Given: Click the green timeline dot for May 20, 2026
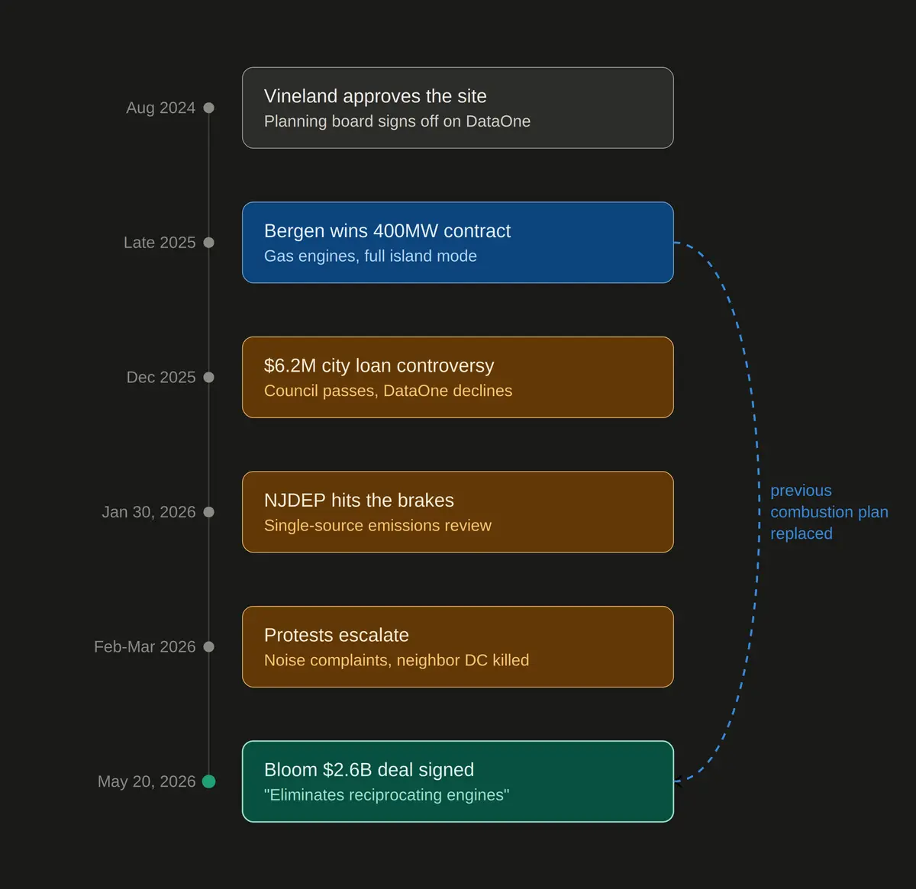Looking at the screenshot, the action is (x=208, y=781).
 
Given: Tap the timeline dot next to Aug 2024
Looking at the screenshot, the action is (x=208, y=108).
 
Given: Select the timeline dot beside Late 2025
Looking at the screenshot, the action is (x=208, y=243).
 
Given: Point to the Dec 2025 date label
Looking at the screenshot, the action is (x=161, y=377).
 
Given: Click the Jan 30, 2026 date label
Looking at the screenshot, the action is (x=149, y=511).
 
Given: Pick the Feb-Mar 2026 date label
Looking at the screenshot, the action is (x=144, y=646).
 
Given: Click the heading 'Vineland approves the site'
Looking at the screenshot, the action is (x=375, y=96).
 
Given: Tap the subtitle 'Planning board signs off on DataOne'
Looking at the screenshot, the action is (x=397, y=121).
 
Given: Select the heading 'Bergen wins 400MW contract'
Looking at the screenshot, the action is (x=387, y=231).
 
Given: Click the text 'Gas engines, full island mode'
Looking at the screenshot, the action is (x=370, y=256).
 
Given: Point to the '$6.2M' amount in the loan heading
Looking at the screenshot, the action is (x=290, y=366).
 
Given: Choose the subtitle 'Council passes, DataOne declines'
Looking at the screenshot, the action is (x=388, y=391).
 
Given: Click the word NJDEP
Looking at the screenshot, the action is (x=295, y=501).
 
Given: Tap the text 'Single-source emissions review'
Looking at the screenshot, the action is (x=378, y=525).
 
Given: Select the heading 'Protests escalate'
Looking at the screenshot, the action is (x=336, y=636).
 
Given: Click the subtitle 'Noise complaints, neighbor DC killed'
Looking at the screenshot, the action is (x=396, y=660).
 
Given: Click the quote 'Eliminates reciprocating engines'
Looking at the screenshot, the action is (x=386, y=795).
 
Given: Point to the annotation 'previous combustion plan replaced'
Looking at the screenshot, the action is (x=829, y=512).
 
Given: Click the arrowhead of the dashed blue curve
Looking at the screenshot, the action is (x=677, y=781).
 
